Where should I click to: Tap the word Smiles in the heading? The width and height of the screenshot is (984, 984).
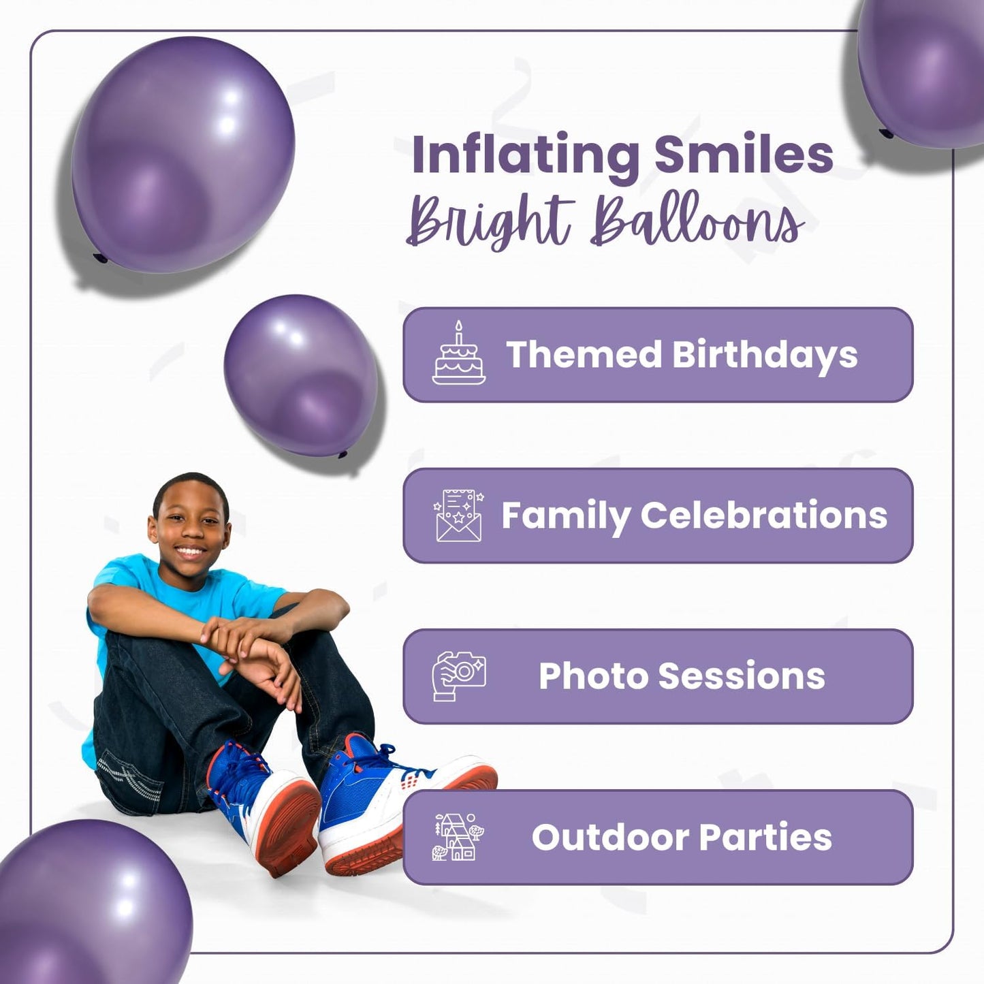coord(744,155)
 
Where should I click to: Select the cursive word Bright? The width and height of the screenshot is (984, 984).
coord(489,221)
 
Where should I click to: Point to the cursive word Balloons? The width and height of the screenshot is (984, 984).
coord(697,221)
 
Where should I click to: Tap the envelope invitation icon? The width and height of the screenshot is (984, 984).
coord(458,515)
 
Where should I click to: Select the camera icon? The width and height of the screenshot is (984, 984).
coord(459,676)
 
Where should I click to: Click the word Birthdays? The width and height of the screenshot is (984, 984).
coord(765,355)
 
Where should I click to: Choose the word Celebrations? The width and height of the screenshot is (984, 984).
coord(763,515)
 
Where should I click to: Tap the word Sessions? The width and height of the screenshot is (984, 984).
coord(742,676)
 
